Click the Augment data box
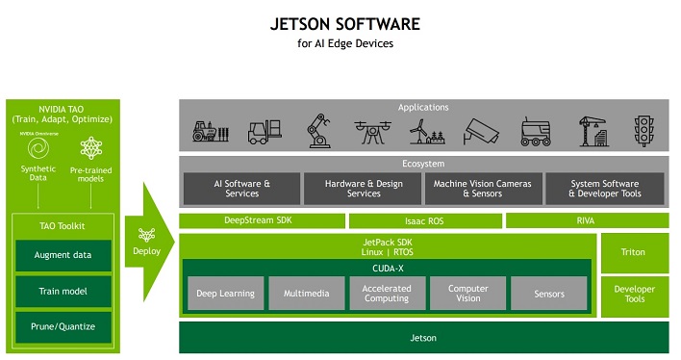63,255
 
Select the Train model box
63,291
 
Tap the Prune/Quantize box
63,326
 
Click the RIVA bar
586,221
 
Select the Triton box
633,252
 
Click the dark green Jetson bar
423,338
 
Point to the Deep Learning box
224,294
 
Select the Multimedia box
305,294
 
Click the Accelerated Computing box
387,294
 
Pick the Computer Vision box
467,294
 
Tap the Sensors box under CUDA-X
548,294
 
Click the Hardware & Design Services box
363,188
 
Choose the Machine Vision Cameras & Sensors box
483,188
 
